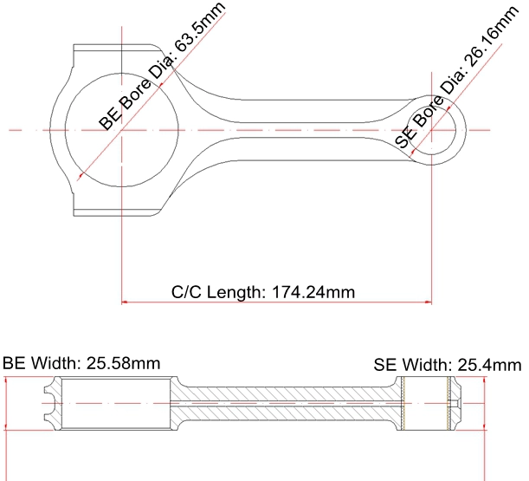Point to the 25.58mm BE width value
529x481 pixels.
click(x=123, y=364)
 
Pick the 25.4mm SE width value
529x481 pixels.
click(x=489, y=365)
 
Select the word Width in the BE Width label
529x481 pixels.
click(x=56, y=363)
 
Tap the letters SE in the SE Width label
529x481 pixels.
click(x=384, y=365)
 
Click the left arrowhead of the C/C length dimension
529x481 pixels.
click(x=124, y=302)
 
